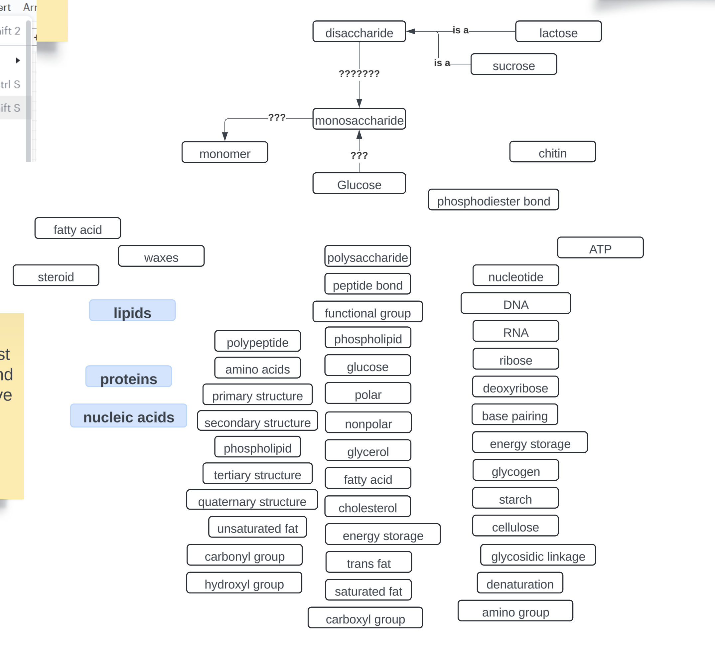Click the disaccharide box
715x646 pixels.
359,32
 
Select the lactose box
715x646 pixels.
558,32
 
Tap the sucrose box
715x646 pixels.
513,65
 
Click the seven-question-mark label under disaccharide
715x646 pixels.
359,74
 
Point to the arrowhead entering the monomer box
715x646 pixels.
225,136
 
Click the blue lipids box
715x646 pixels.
132,311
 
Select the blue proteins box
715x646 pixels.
129,377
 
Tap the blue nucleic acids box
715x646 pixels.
129,416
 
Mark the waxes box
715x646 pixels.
161,256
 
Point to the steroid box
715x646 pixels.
56,276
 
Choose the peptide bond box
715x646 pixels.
367,284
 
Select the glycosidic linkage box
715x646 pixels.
538,556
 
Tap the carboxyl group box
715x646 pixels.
365,618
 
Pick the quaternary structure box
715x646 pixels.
252,501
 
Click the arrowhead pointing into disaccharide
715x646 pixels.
411,32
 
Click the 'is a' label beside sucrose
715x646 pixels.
442,63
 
